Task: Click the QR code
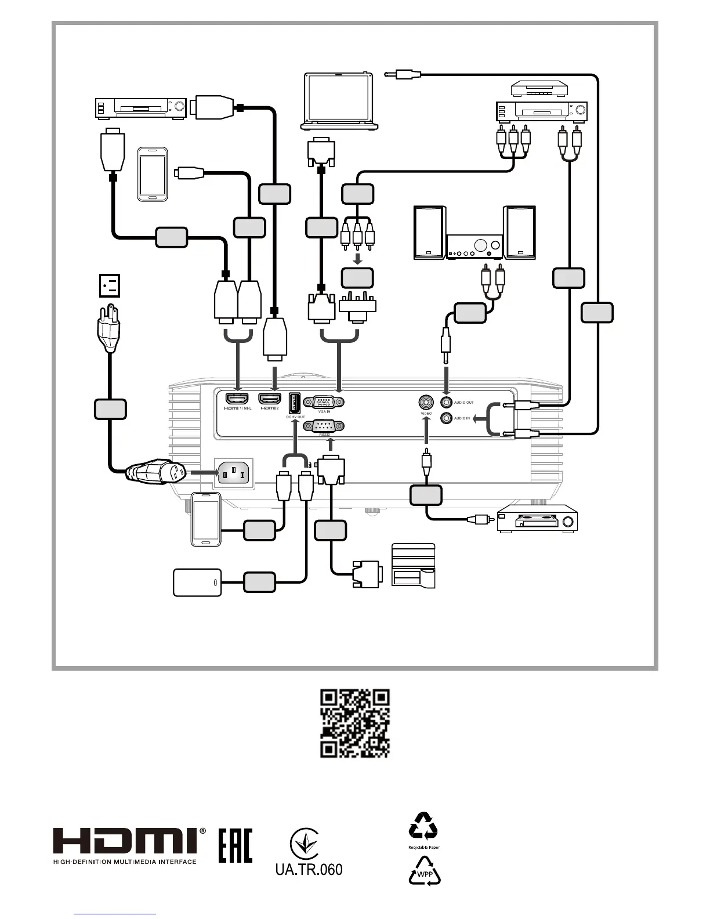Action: click(x=355, y=723)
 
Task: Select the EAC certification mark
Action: click(x=236, y=845)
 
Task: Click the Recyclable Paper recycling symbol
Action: click(x=423, y=826)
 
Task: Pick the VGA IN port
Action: click(x=328, y=401)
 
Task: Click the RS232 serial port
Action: click(x=328, y=426)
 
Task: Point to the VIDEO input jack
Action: click(x=426, y=401)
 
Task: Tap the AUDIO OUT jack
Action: click(x=446, y=401)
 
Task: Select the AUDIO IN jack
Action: click(x=446, y=418)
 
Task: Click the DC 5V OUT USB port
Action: click(x=294, y=403)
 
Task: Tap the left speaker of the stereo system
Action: click(x=429, y=232)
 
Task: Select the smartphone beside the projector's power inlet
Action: click(x=206, y=518)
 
